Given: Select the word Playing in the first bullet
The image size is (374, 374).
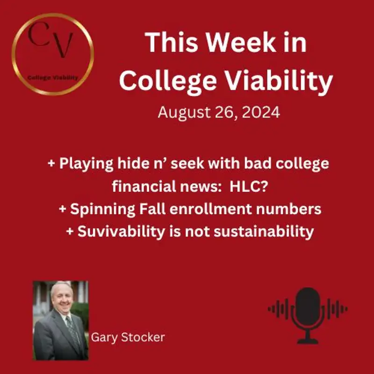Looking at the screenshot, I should (x=86, y=165).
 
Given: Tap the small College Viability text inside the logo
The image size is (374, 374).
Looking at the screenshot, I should (x=52, y=78).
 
